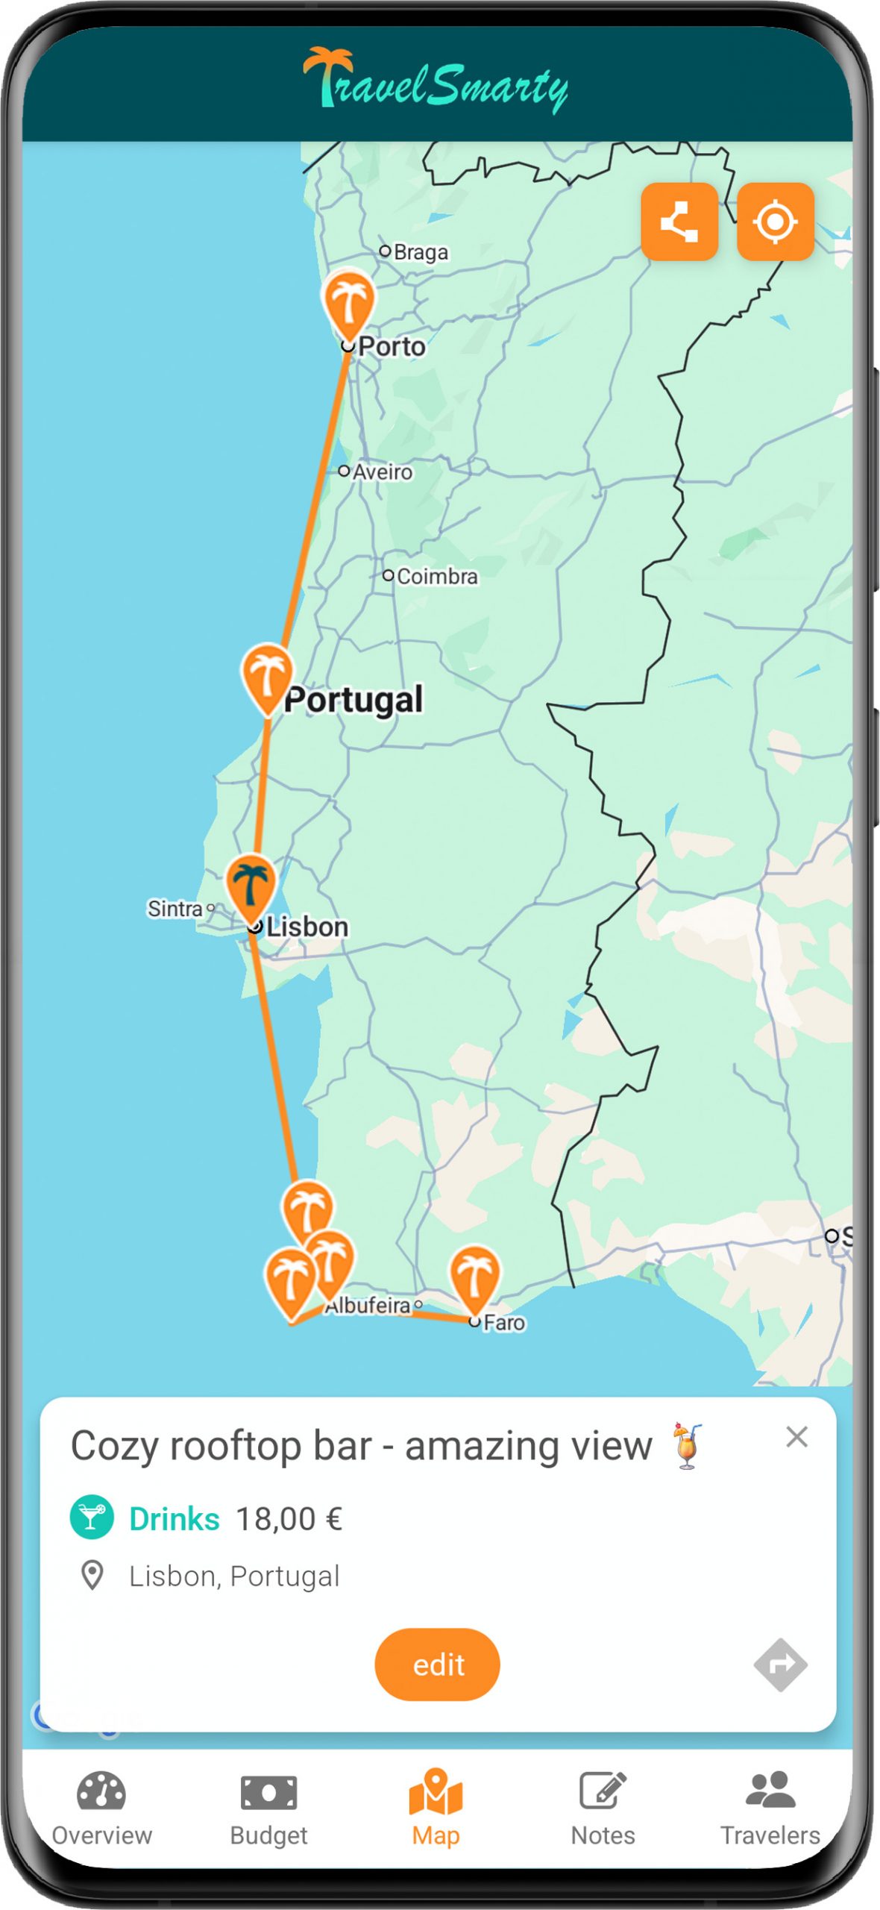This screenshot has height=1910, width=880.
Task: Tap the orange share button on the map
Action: click(x=679, y=222)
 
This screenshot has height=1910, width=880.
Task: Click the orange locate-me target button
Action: click(x=775, y=222)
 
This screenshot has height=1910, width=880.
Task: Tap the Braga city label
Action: click(x=420, y=252)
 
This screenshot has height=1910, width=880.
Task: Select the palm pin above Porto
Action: click(x=348, y=301)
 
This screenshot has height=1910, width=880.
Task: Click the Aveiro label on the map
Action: click(x=382, y=472)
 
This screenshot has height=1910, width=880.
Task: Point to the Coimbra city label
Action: click(x=436, y=577)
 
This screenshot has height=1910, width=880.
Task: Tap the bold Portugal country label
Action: click(x=353, y=700)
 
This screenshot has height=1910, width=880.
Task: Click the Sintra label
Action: click(x=175, y=909)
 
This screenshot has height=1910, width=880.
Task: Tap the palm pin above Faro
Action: click(x=474, y=1275)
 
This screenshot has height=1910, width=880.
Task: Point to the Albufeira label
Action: click(x=368, y=1306)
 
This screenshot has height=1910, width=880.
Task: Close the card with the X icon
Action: click(x=796, y=1436)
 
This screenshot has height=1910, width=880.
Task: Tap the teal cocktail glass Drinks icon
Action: click(x=92, y=1518)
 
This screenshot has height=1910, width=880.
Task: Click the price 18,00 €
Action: click(x=289, y=1519)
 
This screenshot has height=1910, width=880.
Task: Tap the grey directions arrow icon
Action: click(x=780, y=1664)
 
